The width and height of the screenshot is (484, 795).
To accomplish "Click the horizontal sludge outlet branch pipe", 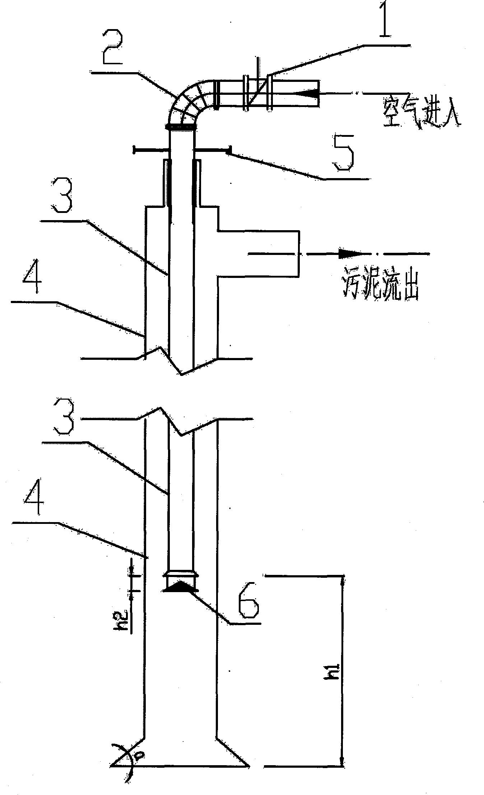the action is coord(258,253).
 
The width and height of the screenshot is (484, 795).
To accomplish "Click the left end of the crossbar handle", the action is coord(134,150).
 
